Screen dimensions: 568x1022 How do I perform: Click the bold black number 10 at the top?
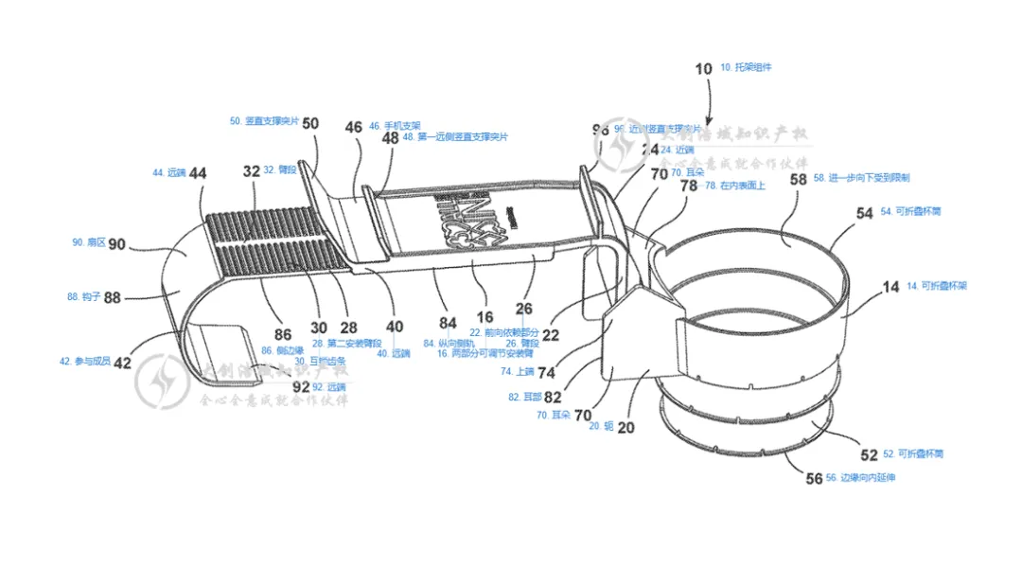click(x=703, y=68)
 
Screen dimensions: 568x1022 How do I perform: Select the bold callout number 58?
click(x=799, y=179)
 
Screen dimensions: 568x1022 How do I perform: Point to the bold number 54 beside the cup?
click(x=865, y=213)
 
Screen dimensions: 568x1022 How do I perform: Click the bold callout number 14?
click(x=891, y=286)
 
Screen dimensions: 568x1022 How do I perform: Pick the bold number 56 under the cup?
click(x=815, y=478)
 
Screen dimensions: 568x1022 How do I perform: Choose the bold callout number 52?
click(x=869, y=454)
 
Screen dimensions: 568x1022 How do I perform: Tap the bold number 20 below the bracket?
click(x=626, y=427)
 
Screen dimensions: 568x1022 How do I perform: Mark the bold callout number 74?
click(x=547, y=373)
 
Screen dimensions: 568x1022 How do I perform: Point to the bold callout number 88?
click(x=112, y=297)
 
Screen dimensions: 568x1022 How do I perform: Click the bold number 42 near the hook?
click(x=122, y=363)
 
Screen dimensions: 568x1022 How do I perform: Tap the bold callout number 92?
click(x=301, y=386)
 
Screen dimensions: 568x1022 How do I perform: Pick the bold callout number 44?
click(x=198, y=173)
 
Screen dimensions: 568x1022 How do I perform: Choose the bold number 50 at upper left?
click(x=310, y=123)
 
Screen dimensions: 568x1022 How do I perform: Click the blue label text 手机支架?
click(x=402, y=125)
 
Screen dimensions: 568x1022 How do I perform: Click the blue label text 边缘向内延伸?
click(x=868, y=478)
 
